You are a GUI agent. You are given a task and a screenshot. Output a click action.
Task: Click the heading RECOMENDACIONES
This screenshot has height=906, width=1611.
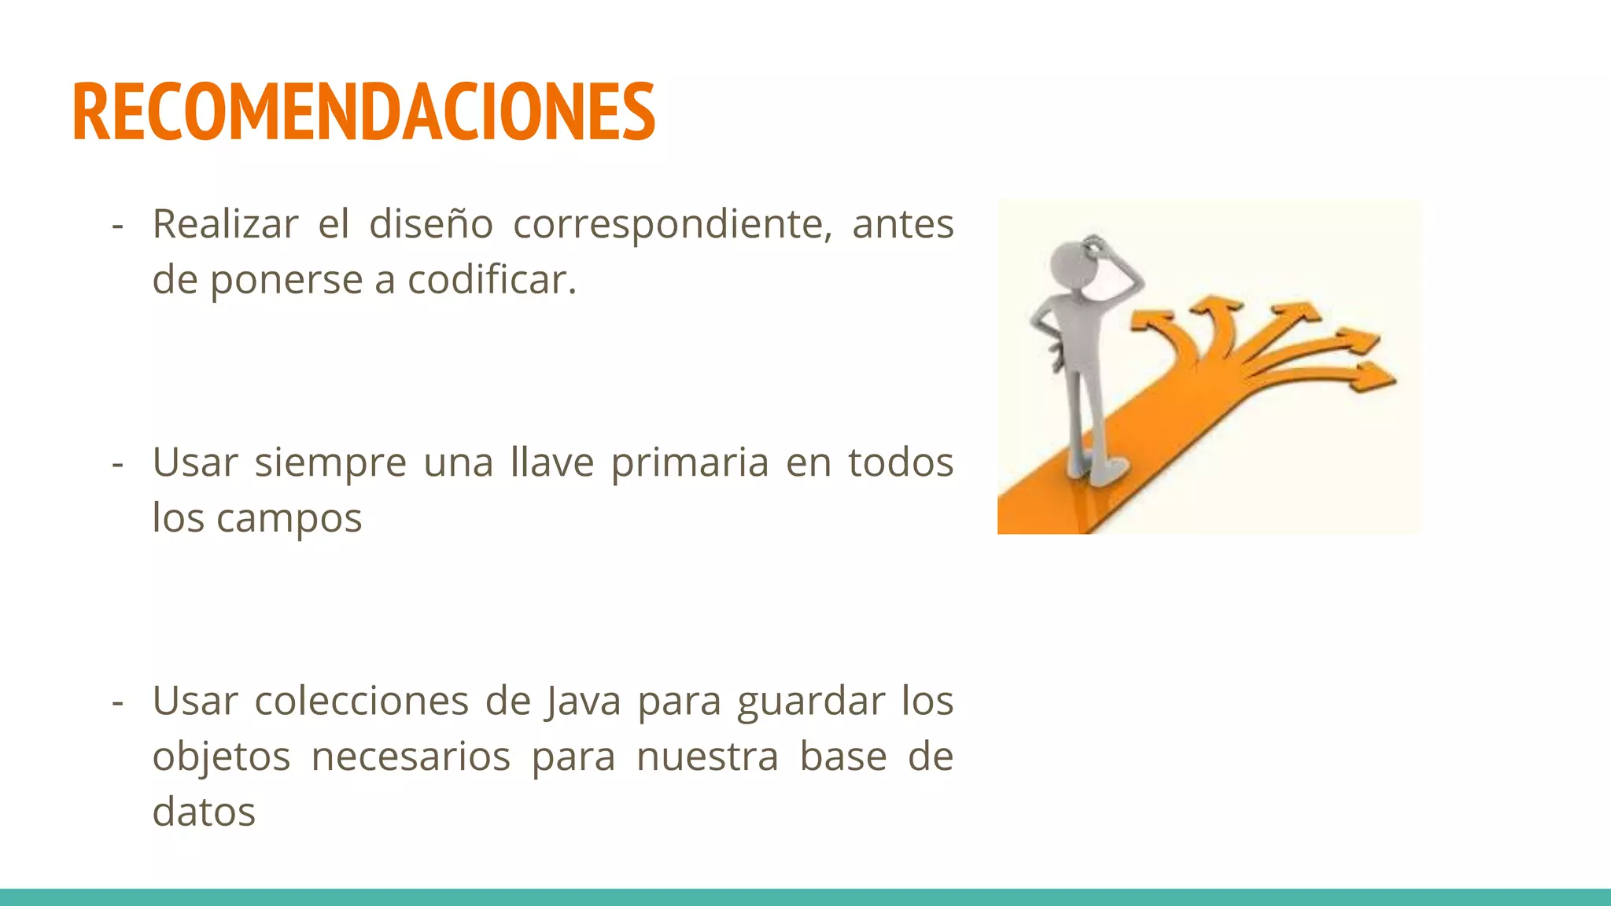[363, 112]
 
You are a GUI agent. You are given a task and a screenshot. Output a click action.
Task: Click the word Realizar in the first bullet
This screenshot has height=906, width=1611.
[225, 224]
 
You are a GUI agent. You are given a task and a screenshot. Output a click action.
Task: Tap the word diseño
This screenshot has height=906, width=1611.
[431, 224]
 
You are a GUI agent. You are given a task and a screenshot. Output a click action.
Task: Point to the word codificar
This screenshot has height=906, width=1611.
[492, 280]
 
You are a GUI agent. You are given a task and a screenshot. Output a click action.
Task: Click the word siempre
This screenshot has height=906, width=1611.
[330, 463]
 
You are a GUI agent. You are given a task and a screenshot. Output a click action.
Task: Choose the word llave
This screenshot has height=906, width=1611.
[551, 462]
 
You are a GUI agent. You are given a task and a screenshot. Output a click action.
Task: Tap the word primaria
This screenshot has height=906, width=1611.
[690, 463]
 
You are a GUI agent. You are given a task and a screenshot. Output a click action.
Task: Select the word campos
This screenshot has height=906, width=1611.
[289, 519]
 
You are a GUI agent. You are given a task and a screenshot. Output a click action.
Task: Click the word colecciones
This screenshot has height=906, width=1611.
[361, 701]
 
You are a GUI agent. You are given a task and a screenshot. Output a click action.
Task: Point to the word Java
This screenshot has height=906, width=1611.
[582, 701]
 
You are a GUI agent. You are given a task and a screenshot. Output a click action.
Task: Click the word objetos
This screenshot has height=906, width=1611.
[221, 757]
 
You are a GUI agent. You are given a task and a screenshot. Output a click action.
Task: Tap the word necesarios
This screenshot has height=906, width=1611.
[411, 757]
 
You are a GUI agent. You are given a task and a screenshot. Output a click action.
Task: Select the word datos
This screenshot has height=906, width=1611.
[204, 812]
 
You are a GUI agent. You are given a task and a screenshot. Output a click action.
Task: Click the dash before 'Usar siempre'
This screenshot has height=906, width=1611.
[118, 463]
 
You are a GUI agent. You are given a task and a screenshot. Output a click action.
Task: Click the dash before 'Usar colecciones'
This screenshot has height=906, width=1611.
[118, 702]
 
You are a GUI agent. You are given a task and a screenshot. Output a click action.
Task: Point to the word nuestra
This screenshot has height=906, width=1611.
[707, 757]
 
